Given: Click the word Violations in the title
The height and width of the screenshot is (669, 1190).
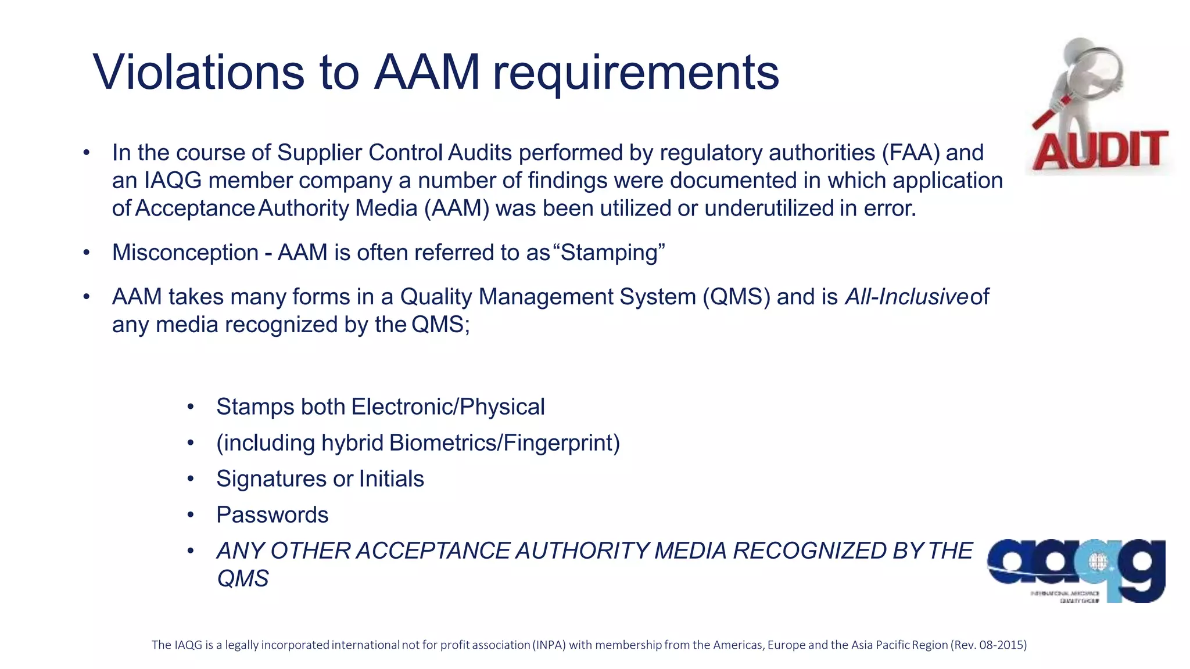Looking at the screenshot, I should [x=198, y=73].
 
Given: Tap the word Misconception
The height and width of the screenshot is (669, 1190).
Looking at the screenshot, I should [x=185, y=253].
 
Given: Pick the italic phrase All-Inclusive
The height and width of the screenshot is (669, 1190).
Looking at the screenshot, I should [x=906, y=297].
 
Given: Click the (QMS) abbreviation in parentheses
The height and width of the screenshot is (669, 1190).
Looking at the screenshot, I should [x=736, y=297].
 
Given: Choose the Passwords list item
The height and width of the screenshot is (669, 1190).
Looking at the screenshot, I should [x=272, y=515].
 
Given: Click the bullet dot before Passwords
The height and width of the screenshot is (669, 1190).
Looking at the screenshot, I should [x=190, y=515].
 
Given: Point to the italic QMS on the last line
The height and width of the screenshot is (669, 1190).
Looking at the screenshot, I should [x=242, y=579].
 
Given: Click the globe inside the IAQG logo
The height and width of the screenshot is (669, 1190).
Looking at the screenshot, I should [x=1096, y=562].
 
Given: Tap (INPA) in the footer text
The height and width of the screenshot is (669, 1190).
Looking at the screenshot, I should [x=549, y=645].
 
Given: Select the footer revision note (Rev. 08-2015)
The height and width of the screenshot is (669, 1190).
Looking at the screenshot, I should [x=988, y=645].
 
